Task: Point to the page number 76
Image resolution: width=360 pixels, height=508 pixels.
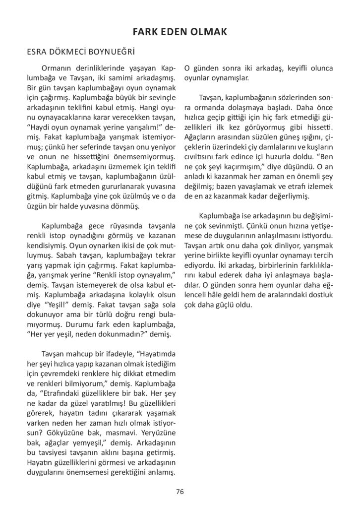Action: (180, 492)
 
